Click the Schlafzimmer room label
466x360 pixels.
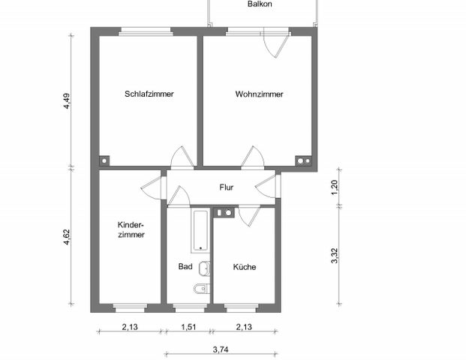pos(149,94)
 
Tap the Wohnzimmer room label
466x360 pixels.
pos(259,94)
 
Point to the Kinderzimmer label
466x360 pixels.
pos(131,229)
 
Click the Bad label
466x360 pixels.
pos(185,266)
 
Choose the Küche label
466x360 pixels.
pos(244,266)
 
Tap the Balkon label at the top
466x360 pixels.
pos(260,4)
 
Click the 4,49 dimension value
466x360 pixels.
pos(67,101)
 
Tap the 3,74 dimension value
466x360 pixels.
pos(221,349)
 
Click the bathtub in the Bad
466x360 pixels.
pos(200,231)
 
